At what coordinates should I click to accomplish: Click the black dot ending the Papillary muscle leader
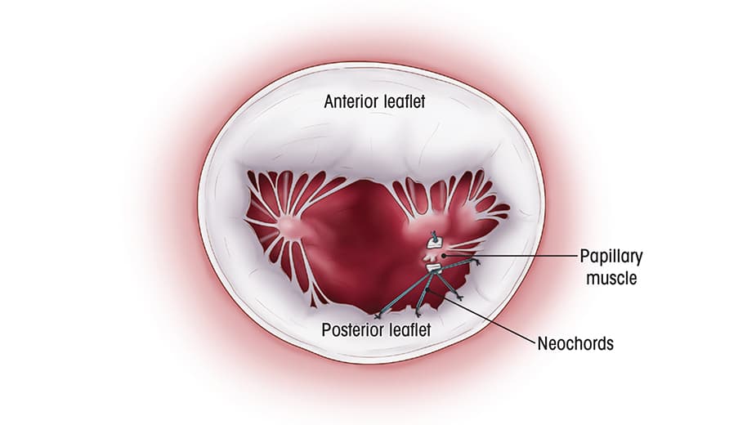point(442,256)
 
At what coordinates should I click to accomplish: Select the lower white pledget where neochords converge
point(433,268)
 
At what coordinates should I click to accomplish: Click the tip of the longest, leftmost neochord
point(378,315)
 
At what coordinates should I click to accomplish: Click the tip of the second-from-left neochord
point(418,313)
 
